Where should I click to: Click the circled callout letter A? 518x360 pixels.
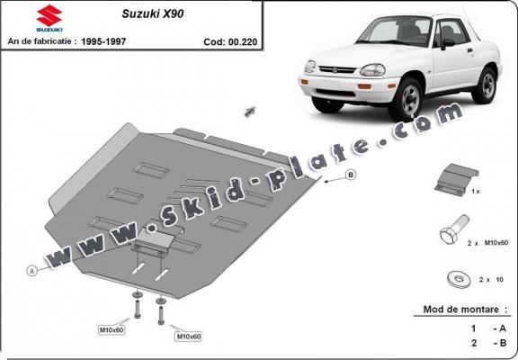(32, 270)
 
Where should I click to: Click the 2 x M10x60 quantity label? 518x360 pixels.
(488, 243)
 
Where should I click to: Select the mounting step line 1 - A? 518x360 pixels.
(468, 328)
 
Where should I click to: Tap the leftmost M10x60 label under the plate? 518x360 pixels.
(112, 329)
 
